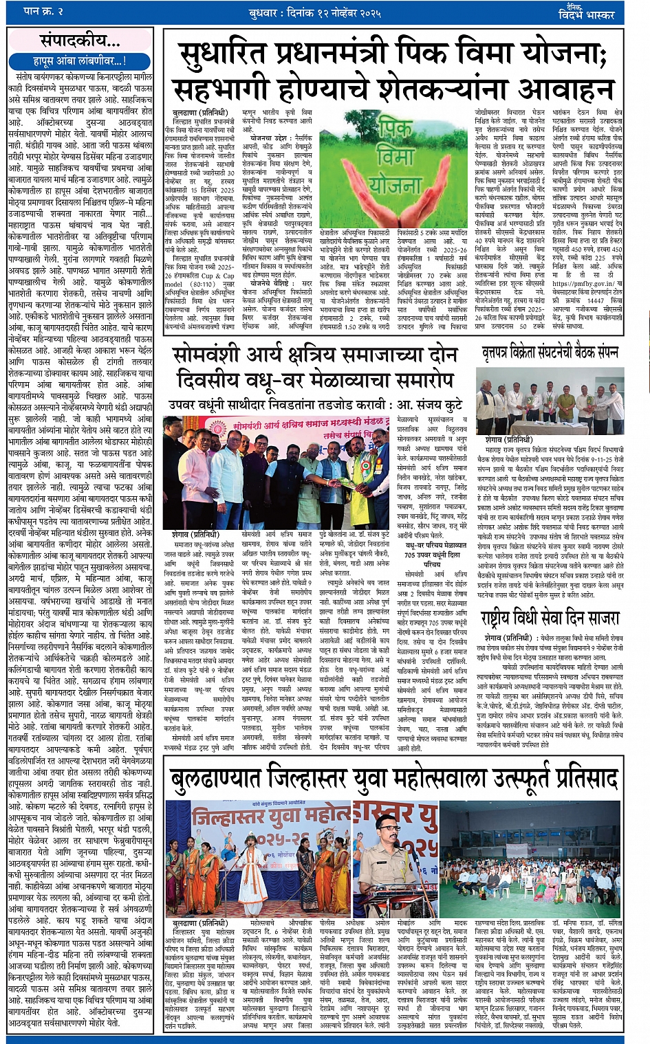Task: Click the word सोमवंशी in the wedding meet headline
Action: point(218,356)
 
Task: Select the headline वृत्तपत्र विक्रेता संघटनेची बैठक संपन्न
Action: point(550,353)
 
